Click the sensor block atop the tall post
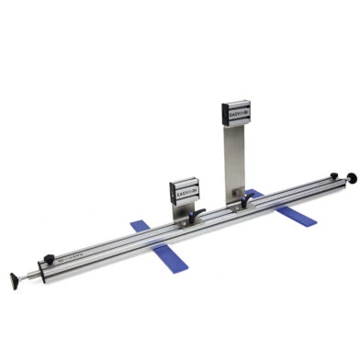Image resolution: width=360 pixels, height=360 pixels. pyautogui.click(x=237, y=115)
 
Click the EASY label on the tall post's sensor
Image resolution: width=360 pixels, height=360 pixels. pyautogui.click(x=232, y=116)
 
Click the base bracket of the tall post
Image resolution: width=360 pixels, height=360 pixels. pyautogui.click(x=241, y=204)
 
